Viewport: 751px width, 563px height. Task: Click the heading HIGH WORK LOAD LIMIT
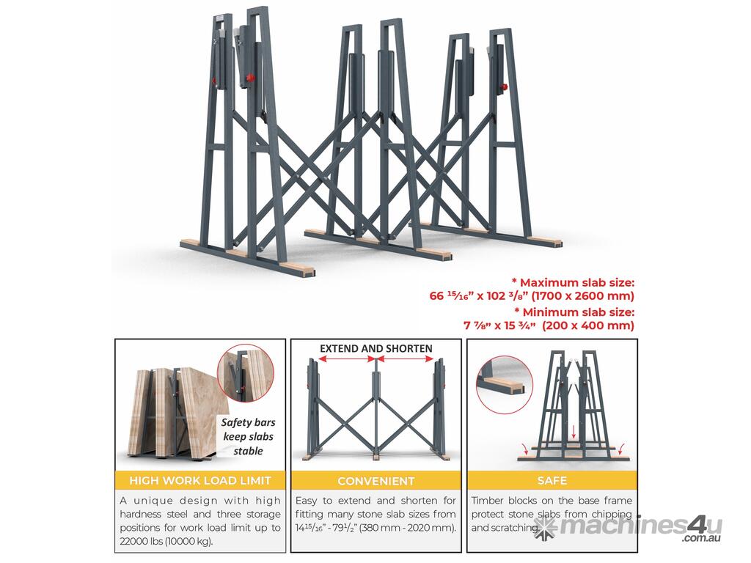coord(200,480)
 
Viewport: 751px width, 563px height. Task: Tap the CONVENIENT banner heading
coord(376,481)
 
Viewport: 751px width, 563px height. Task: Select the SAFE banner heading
coord(552,480)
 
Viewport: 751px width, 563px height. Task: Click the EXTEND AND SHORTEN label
coord(376,348)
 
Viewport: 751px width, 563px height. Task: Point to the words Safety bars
coord(248,422)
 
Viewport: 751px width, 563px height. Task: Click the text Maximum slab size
coord(577,282)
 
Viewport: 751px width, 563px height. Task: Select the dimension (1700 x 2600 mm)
coord(583,296)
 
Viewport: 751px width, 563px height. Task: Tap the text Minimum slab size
coord(579,312)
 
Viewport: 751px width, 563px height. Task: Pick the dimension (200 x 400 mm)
coord(588,325)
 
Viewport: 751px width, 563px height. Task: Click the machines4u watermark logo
coord(628,528)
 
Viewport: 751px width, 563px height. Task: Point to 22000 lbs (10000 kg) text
coord(166,542)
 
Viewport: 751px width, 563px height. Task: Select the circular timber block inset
coord(505,384)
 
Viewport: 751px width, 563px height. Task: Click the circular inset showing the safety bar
coord(246,372)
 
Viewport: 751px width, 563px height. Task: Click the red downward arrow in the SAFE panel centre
coord(574,433)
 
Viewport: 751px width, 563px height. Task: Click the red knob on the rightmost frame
coord(504,87)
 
